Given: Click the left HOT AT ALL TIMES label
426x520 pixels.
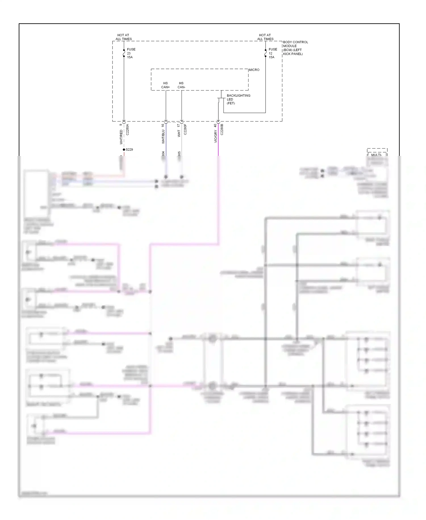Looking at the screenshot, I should click(x=124, y=37).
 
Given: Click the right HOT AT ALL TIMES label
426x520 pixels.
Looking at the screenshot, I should click(x=265, y=37).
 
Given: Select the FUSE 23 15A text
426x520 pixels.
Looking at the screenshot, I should click(x=131, y=53).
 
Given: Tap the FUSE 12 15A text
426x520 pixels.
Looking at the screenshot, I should click(x=273, y=53).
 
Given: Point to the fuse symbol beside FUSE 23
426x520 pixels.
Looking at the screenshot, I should click(x=124, y=53).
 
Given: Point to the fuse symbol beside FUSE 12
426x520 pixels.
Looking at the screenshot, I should click(x=266, y=53).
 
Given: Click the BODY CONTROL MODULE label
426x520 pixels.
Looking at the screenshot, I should click(x=295, y=48).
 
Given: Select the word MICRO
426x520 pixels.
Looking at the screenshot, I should click(x=254, y=70).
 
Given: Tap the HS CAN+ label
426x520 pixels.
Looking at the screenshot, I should click(x=165, y=85).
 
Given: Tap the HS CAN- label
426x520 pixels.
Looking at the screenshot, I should click(x=181, y=85).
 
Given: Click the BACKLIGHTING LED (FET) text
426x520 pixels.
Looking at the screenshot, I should click(x=238, y=99).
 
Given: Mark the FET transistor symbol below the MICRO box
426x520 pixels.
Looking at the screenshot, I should click(x=221, y=100).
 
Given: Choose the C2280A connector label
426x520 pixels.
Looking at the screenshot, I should click(x=128, y=129).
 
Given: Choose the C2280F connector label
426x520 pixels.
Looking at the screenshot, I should click(x=185, y=129).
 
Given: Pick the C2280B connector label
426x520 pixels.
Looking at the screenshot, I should click(x=222, y=129).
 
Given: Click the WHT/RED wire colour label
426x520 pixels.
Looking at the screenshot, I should click(x=121, y=137).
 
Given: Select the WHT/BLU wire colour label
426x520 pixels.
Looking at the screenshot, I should click(x=163, y=137).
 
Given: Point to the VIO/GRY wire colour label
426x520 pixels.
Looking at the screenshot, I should click(x=216, y=136).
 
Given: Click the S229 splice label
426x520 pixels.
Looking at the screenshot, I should click(x=129, y=150).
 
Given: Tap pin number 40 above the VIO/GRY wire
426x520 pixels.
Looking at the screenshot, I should click(x=215, y=125).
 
